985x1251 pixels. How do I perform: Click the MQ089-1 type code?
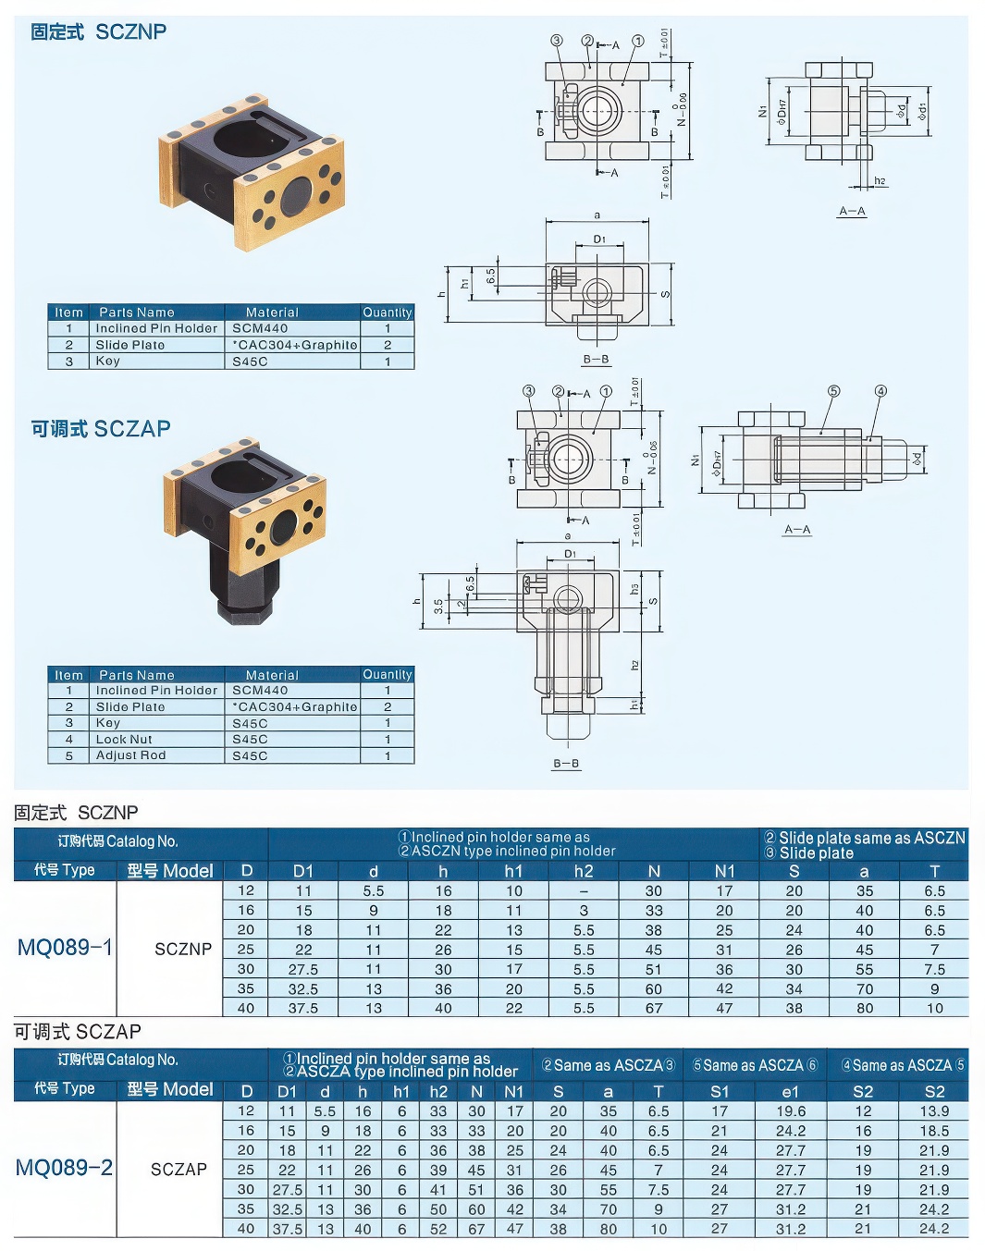65,948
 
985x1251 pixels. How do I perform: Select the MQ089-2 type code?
65,1168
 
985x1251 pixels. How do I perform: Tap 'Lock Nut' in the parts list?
124,740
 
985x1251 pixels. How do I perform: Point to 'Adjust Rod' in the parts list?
130,755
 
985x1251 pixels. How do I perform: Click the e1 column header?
790,1091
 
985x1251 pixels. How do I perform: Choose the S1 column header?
720,1091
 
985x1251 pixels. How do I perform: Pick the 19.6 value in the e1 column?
790,1111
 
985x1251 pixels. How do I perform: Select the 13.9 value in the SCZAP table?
934,1111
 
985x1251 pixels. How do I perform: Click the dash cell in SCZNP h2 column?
584,891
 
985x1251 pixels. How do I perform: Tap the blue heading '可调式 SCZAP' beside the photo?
101,429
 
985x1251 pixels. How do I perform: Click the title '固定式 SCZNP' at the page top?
99,32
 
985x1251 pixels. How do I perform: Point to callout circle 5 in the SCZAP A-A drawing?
833,391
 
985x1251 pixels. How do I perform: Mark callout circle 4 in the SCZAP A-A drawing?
880,391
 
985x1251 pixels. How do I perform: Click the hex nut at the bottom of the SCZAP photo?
244,609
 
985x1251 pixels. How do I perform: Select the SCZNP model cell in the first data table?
183,949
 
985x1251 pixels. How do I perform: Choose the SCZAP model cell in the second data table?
179,1169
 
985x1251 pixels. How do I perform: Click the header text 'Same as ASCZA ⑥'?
755,1065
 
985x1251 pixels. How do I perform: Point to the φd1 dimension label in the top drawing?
922,112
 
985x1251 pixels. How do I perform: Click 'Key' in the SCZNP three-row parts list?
108,362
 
